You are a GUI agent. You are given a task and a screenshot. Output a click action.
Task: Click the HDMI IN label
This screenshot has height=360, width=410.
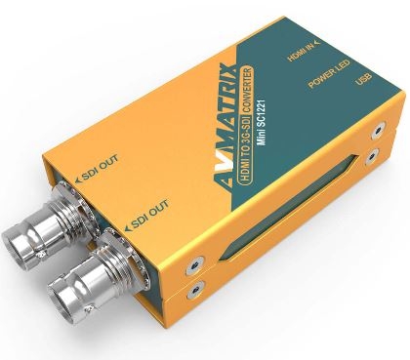(x=301, y=53)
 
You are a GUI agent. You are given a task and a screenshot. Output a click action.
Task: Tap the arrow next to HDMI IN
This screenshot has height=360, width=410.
(x=317, y=42)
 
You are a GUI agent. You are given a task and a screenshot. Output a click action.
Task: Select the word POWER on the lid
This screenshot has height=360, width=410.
(x=321, y=78)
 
